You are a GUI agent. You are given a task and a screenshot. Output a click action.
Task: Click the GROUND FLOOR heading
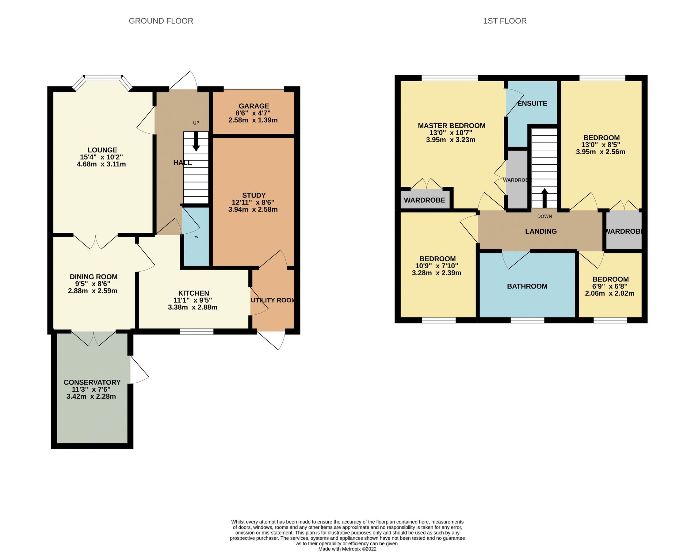[x=161, y=21]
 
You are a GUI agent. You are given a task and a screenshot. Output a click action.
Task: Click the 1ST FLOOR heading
[x=505, y=21]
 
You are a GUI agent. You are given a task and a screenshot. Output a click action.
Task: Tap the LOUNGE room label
[x=102, y=150]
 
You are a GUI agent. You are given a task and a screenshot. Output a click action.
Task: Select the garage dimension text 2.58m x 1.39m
[x=253, y=120]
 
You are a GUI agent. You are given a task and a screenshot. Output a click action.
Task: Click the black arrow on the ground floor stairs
[x=196, y=144]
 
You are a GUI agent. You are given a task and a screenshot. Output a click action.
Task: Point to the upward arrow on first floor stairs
[x=544, y=197]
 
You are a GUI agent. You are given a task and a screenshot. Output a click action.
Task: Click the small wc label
[x=196, y=237]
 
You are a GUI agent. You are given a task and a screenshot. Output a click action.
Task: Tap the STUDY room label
[x=254, y=195]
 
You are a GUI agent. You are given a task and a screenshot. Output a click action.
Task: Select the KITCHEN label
[x=193, y=293]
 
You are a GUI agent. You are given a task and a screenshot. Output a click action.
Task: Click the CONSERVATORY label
[x=92, y=382]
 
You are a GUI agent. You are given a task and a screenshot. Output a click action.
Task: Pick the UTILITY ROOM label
[x=273, y=300]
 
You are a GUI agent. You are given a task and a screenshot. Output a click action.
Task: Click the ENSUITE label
[x=532, y=104]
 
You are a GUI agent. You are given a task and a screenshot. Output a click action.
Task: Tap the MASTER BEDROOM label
[x=451, y=126]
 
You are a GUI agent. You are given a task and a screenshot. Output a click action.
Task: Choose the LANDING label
[x=540, y=231]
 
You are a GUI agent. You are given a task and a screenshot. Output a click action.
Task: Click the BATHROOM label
[x=527, y=286]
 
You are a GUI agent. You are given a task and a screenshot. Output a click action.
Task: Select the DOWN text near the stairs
[x=544, y=216]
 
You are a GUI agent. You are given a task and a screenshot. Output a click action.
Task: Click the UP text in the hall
[x=196, y=123]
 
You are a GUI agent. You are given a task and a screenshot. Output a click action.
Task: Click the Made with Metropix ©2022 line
[x=347, y=549]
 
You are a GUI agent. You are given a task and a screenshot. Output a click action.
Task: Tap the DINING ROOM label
[x=94, y=277]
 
